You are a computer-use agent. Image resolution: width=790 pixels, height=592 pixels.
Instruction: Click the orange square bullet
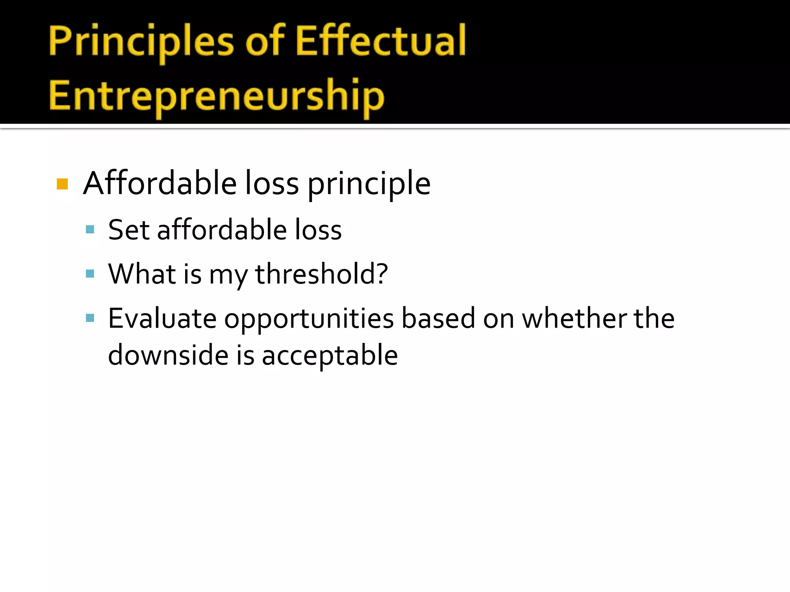pos(62,184)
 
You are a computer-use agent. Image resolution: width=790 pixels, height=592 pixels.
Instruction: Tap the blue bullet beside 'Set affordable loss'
pos(90,230)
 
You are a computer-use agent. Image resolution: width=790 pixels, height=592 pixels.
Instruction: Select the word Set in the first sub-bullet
pos(128,230)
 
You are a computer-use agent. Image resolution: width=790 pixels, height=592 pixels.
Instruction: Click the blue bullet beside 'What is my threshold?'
pos(90,274)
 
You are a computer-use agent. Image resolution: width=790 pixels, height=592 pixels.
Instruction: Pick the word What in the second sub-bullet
pos(142,274)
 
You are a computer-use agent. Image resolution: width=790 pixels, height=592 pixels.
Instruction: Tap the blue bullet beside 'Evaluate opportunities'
pos(90,318)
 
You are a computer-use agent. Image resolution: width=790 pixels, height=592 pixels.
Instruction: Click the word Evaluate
pos(162,318)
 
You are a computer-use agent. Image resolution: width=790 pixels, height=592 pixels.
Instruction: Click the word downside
pos(168,355)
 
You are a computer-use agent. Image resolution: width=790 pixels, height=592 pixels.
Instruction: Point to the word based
pos(438,318)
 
